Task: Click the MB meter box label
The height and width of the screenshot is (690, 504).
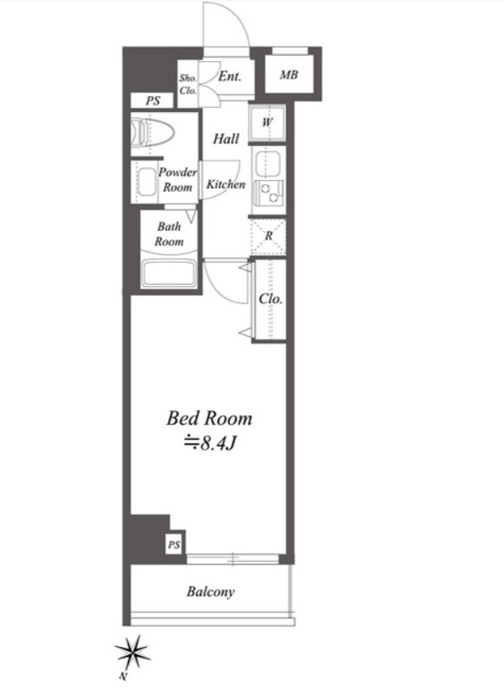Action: tap(288, 75)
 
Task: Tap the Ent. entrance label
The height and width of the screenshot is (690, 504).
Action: tap(230, 76)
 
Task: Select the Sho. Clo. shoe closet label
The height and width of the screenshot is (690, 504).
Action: tap(188, 84)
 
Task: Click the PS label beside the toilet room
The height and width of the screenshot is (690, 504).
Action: tap(153, 101)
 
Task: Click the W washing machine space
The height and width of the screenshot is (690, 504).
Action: tap(267, 122)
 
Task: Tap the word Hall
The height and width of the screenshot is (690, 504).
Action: tap(226, 139)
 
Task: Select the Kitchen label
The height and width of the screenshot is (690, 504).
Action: tap(226, 184)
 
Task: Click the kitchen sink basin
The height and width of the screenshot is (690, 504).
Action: tap(267, 164)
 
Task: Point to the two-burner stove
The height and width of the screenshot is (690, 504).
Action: tap(269, 193)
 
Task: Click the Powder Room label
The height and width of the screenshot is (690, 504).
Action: tap(177, 180)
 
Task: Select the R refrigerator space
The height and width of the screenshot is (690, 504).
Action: tap(268, 236)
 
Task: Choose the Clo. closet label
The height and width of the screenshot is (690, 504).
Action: tap(270, 300)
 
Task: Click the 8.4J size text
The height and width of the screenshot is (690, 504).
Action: tap(211, 443)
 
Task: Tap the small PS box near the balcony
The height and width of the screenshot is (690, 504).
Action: tap(174, 545)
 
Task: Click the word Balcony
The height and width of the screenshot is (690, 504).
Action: tap(210, 592)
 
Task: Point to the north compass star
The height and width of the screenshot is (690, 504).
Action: tap(132, 653)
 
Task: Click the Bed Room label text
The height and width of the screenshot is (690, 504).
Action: tap(210, 418)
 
